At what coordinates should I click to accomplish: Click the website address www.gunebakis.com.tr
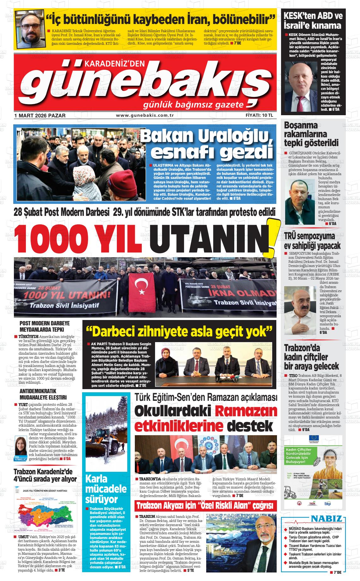tap(145, 116)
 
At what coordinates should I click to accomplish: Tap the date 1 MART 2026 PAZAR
tap(40, 116)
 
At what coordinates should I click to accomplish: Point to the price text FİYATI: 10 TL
tap(259, 116)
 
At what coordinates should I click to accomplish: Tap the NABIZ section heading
tap(326, 519)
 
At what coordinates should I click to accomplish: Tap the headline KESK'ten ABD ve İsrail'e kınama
tap(313, 20)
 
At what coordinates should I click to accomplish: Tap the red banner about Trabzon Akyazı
tap(206, 506)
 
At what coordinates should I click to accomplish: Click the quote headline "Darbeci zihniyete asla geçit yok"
tap(179, 331)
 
